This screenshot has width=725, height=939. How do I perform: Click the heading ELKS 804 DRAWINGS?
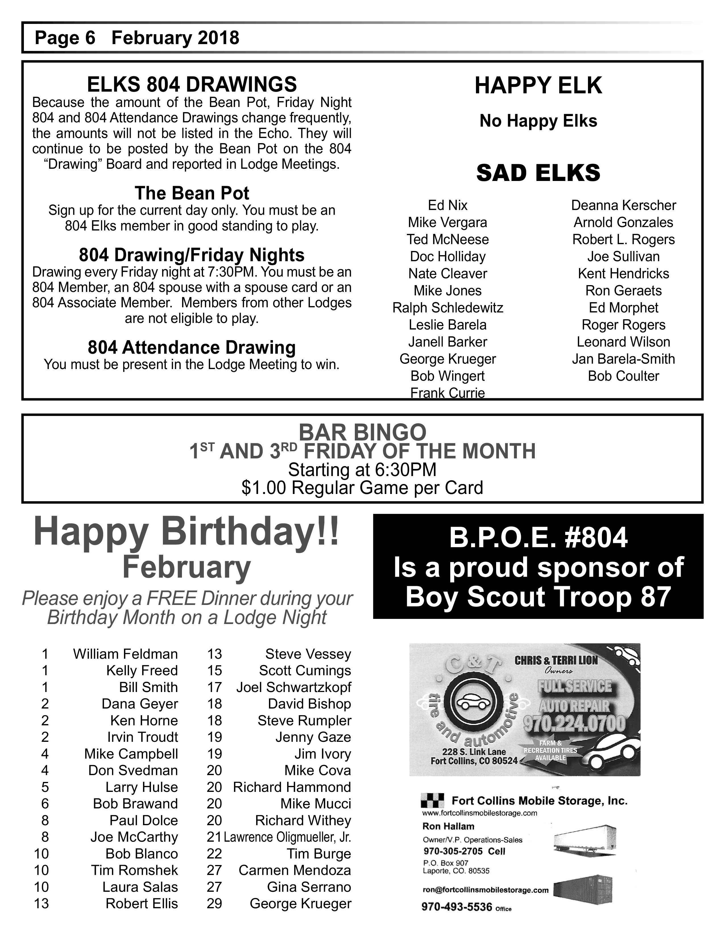[192, 84]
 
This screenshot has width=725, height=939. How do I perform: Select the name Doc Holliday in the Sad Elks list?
[448, 257]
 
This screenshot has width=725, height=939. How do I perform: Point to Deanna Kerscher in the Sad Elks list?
[623, 205]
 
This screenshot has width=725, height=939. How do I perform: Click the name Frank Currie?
[448, 393]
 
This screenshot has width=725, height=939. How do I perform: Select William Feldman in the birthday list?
[125, 654]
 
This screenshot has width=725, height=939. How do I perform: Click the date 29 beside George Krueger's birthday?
[214, 903]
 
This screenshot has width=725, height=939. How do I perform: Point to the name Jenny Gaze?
[313, 737]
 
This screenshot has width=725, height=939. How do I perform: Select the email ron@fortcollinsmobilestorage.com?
[485, 890]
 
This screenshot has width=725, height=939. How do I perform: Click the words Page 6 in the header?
[65, 38]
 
